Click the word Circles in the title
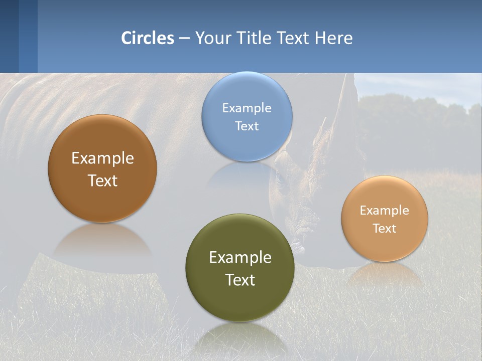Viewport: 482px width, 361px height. point(148,38)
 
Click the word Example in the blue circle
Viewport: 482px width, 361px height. point(247,108)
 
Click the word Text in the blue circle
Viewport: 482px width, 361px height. point(247,126)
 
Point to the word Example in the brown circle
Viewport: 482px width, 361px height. point(102,158)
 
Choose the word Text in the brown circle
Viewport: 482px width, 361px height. point(102,180)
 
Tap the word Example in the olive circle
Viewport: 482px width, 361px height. point(240,258)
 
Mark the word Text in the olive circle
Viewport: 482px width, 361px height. point(240,280)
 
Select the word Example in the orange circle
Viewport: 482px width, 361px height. point(385,211)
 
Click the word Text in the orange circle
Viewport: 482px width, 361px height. point(385,228)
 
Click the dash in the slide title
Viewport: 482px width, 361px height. point(184,38)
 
